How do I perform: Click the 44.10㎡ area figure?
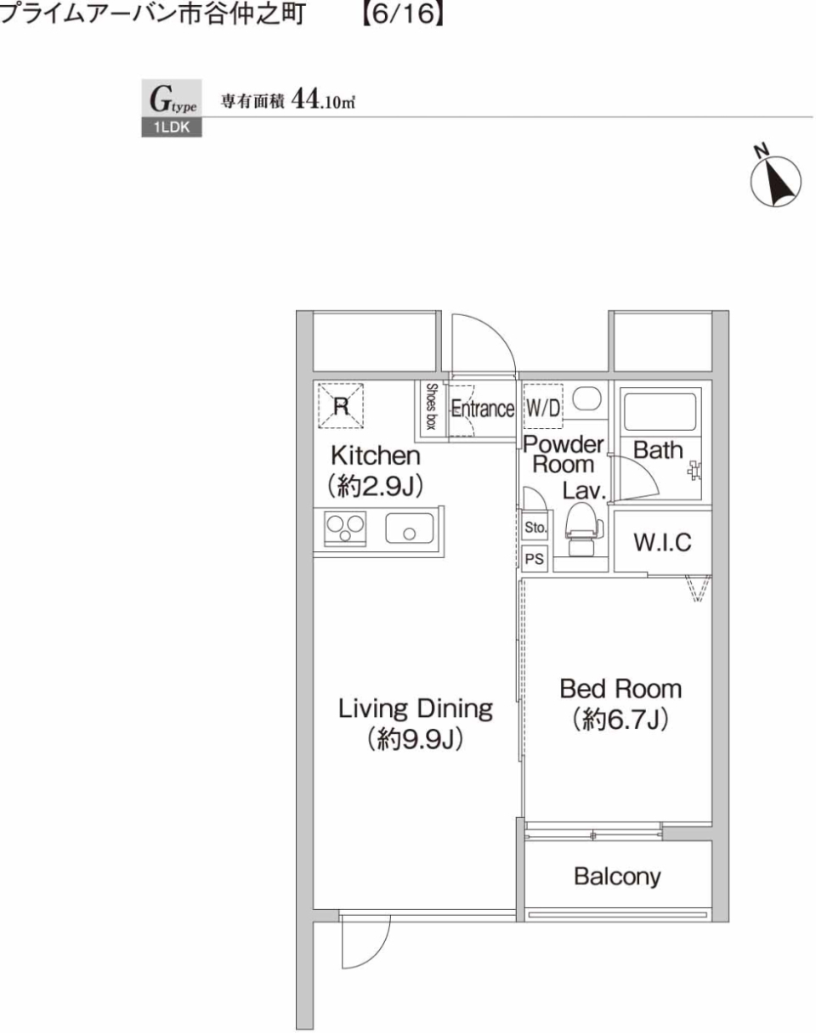point(322,100)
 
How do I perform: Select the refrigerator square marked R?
point(341,405)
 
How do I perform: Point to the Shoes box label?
point(431,406)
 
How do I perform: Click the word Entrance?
point(482,409)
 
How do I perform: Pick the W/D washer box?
point(542,408)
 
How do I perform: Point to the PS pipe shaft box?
point(535,559)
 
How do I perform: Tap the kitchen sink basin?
point(409,528)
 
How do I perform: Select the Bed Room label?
point(619,688)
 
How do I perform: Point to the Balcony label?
point(617,876)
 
